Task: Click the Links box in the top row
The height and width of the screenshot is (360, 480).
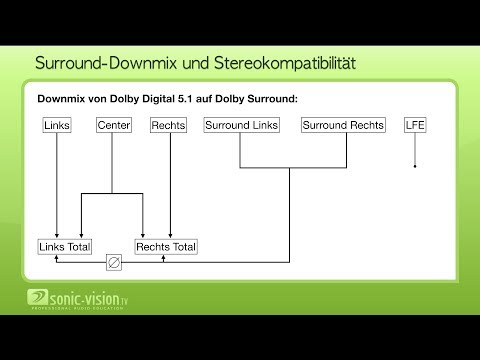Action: tap(57, 126)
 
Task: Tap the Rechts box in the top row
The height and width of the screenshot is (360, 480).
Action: tap(168, 126)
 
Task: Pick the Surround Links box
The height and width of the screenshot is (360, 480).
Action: tap(241, 126)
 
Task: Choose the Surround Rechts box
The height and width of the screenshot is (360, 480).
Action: tap(342, 126)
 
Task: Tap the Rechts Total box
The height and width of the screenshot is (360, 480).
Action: tap(166, 246)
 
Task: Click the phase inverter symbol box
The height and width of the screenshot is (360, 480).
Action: tap(113, 265)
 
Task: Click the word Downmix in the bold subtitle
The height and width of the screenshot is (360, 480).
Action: tap(62, 100)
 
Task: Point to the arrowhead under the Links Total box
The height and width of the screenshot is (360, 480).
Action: tap(57, 257)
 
